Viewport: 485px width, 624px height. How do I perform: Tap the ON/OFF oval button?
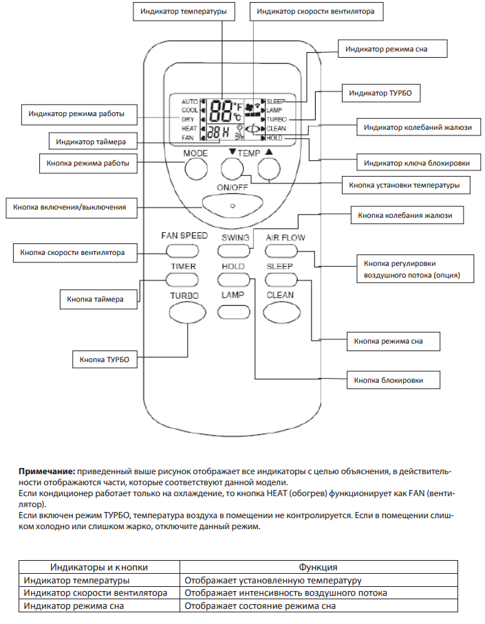tap(232, 204)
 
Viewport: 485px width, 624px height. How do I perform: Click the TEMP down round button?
tap(233, 169)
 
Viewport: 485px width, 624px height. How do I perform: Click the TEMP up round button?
tap(270, 169)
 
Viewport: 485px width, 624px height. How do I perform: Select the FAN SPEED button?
tap(184, 251)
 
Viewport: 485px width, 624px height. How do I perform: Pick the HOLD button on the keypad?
tap(233, 280)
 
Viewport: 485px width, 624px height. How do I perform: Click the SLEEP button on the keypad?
tap(281, 280)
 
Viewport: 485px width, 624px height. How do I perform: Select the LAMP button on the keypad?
tap(233, 311)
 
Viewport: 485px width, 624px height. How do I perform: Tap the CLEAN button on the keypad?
tap(281, 311)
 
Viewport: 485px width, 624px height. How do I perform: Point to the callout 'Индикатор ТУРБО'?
tap(380, 91)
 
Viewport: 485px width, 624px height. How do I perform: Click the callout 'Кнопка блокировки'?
tap(389, 379)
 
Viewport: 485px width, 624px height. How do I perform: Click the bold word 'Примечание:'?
tap(47, 473)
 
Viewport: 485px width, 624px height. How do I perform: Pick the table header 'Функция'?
tap(318, 567)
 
